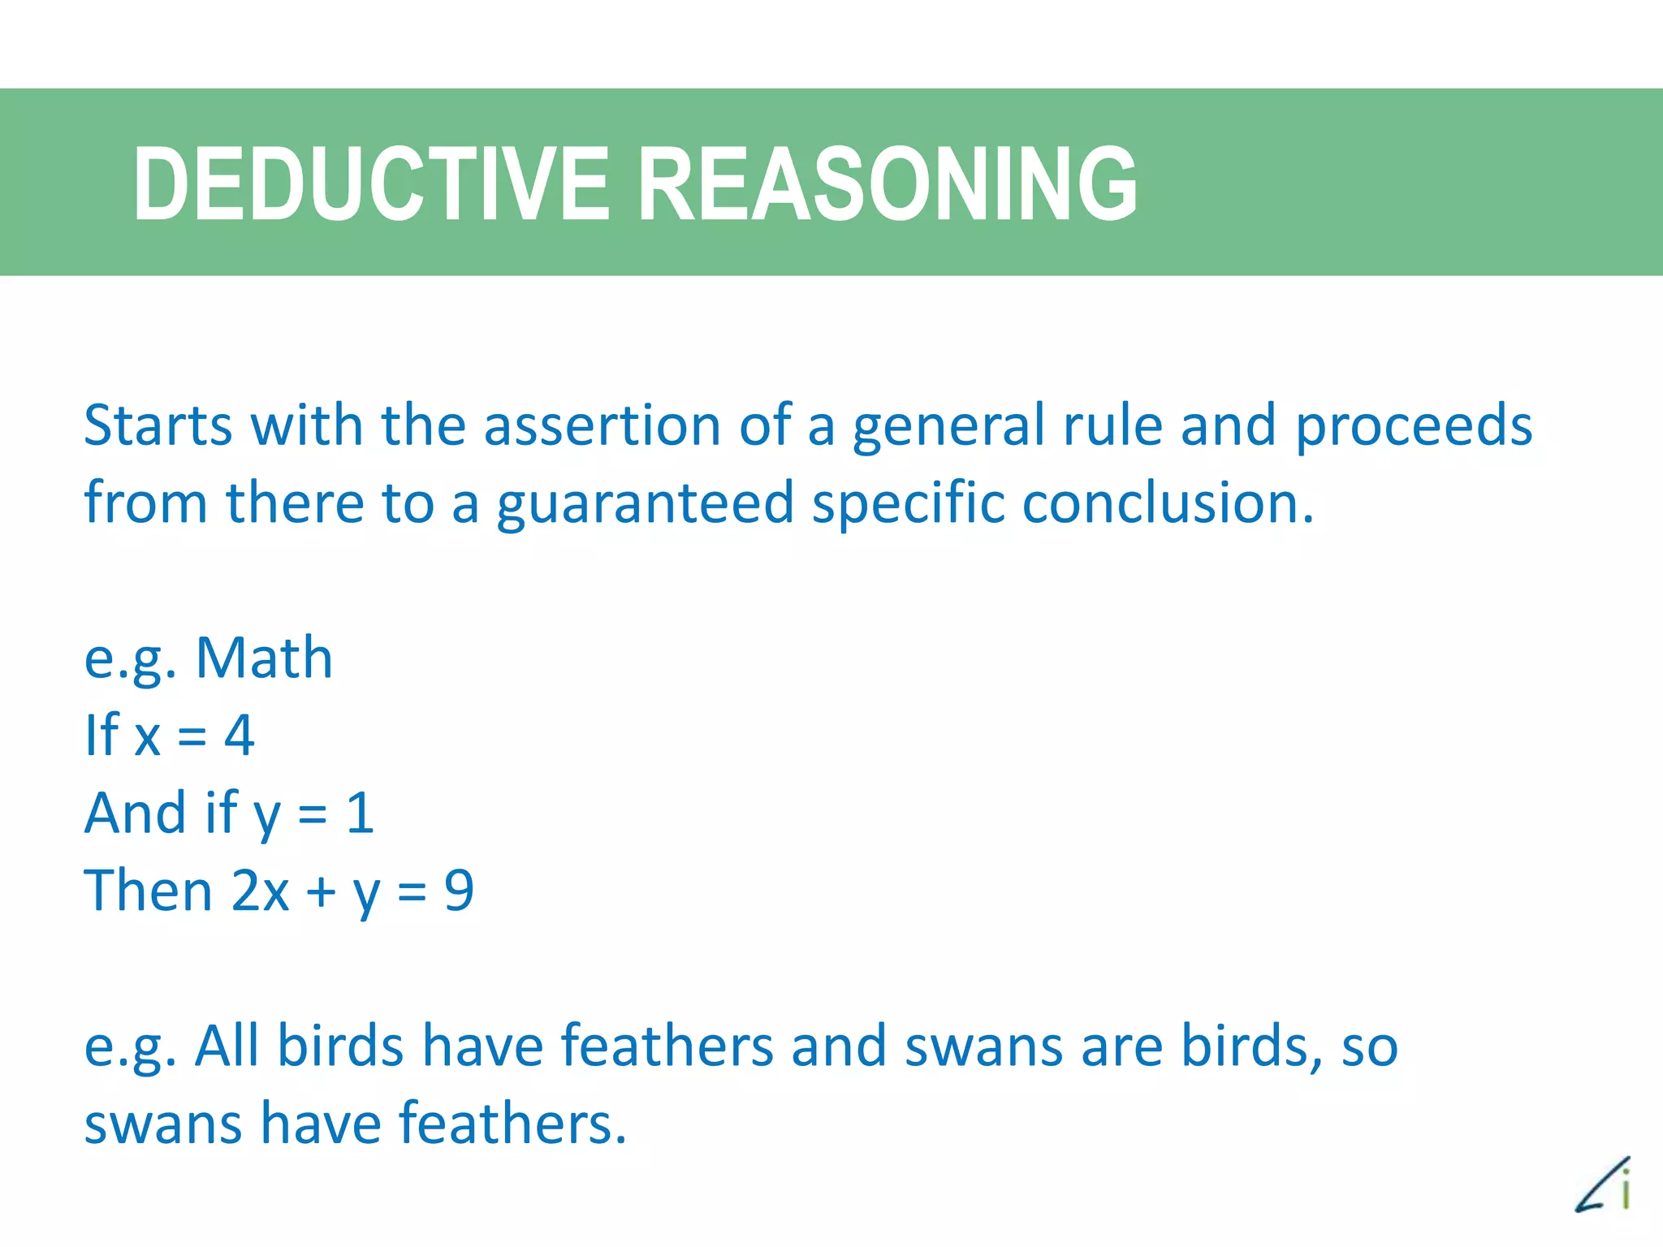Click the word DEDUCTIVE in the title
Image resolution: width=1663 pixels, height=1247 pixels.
[370, 183]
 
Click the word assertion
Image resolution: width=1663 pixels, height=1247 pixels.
[603, 425]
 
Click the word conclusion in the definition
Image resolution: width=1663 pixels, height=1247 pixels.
[1167, 503]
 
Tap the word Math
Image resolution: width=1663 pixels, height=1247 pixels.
[264, 658]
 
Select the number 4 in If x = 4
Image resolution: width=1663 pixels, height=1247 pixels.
[239, 736]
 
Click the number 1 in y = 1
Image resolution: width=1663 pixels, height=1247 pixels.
[360, 813]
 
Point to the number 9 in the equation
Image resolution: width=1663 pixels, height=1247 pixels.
[459, 891]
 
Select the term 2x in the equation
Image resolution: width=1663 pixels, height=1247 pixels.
[260, 891]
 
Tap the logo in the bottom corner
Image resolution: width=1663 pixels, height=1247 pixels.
[1604, 1184]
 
